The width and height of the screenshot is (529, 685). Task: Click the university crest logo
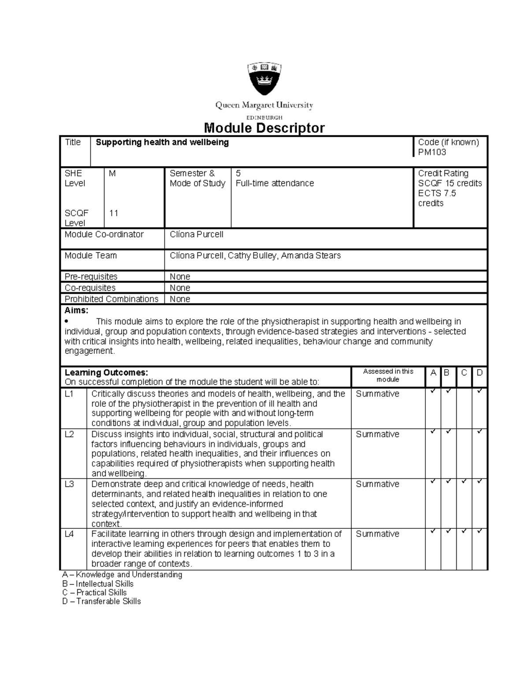pyautogui.click(x=264, y=79)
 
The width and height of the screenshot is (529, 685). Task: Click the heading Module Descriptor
pyautogui.click(x=264, y=128)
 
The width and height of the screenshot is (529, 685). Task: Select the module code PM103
pyautogui.click(x=432, y=153)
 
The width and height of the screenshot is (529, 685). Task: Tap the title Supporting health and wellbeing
pyautogui.click(x=162, y=142)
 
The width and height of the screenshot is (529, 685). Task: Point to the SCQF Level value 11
pyautogui.click(x=114, y=213)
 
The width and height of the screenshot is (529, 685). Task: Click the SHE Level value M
pyautogui.click(x=112, y=174)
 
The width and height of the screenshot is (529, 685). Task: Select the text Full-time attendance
pyautogui.click(x=275, y=183)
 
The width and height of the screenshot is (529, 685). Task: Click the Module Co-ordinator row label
pyautogui.click(x=104, y=235)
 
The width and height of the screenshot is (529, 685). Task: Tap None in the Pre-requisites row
pyautogui.click(x=180, y=277)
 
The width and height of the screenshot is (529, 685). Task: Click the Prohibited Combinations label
pyautogui.click(x=111, y=299)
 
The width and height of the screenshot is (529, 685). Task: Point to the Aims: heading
pyautogui.click(x=76, y=311)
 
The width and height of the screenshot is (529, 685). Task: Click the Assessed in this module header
pyautogui.click(x=388, y=375)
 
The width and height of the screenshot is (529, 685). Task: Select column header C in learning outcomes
pyautogui.click(x=464, y=373)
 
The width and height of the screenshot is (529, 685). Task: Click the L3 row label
pyautogui.click(x=69, y=484)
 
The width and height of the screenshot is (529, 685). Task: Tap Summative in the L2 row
pyautogui.click(x=377, y=434)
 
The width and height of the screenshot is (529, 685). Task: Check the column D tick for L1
pyautogui.click(x=480, y=391)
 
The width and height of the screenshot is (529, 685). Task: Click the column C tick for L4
pyautogui.click(x=464, y=531)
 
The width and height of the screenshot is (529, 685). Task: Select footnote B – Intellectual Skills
pyautogui.click(x=97, y=584)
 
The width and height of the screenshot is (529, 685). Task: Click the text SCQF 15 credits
pyautogui.click(x=450, y=183)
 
